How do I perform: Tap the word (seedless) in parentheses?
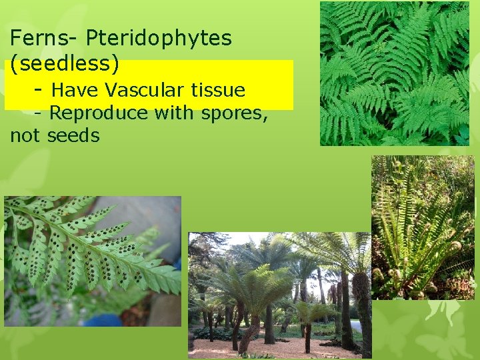coord(65,64)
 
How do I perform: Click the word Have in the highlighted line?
coord(73,89)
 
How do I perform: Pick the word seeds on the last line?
coord(74,137)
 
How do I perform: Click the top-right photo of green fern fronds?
coord(394,73)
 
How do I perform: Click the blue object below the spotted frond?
coord(106,319)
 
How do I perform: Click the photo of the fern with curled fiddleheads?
coord(422,227)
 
